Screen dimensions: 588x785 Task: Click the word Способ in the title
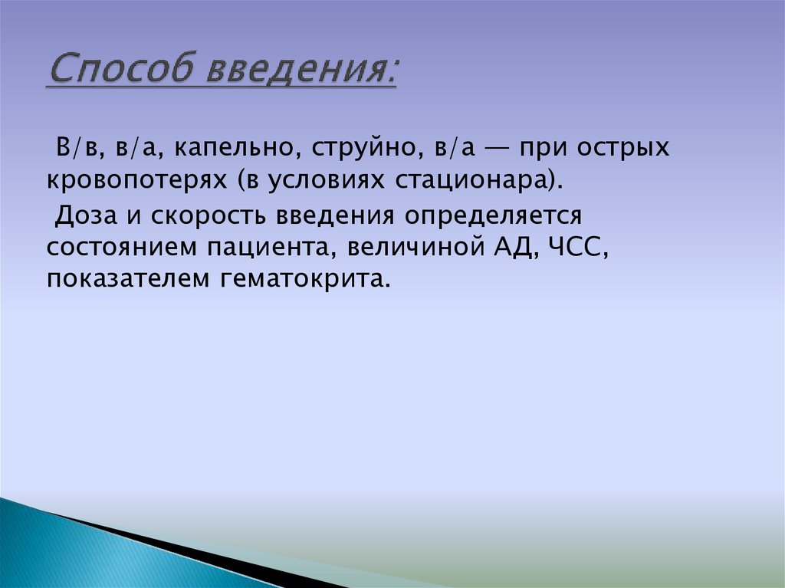coord(122,72)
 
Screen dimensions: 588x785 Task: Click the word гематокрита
coord(306,280)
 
